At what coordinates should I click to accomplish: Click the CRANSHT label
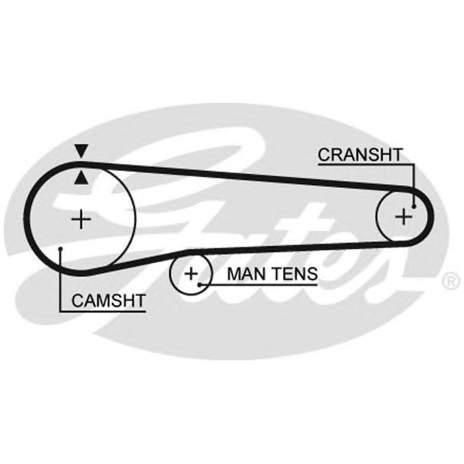pyautogui.click(x=360, y=155)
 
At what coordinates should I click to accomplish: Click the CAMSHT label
pyautogui.click(x=107, y=300)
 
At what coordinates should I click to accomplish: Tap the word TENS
pyautogui.click(x=293, y=273)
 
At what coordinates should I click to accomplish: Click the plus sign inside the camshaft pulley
pyautogui.click(x=80, y=220)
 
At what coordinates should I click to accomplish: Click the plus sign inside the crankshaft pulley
pyautogui.click(x=403, y=216)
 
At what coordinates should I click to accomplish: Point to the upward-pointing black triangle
pyautogui.click(x=80, y=179)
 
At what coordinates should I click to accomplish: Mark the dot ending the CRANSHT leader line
pyautogui.click(x=415, y=206)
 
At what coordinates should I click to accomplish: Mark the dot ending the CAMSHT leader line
pyautogui.click(x=60, y=248)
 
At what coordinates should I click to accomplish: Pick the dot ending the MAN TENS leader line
pyautogui.click(x=200, y=284)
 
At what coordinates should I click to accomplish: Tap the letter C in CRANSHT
pyautogui.click(x=323, y=155)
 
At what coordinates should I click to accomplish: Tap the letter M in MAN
pyautogui.click(x=234, y=273)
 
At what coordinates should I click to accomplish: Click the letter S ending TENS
pyautogui.click(x=312, y=273)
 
